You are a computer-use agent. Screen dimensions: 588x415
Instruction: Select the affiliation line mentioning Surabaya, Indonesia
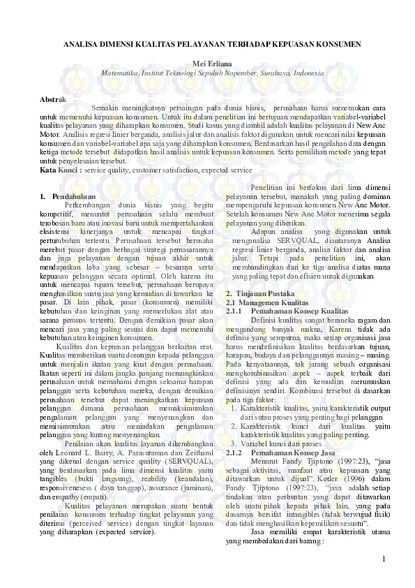pos(212,72)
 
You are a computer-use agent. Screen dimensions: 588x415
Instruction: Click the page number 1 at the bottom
pos(383,580)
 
